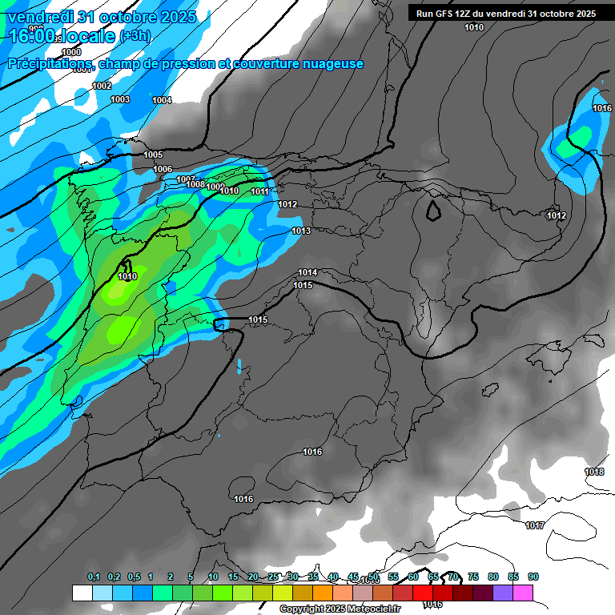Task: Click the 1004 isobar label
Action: click(162, 100)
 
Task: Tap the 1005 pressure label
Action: click(153, 155)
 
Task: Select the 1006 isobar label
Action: click(163, 169)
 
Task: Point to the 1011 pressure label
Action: click(259, 191)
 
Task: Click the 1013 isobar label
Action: click(301, 231)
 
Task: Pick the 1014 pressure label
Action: click(307, 272)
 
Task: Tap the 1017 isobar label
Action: click(535, 525)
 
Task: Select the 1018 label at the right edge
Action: click(594, 472)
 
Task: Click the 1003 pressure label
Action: click(120, 99)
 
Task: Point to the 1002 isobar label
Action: click(102, 86)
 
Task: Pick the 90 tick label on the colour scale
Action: click(533, 577)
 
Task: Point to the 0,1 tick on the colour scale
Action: click(93, 577)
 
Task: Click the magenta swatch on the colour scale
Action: click(523, 593)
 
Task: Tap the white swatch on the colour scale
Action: click(82, 593)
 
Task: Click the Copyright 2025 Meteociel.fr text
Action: click(340, 609)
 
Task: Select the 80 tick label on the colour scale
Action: click(493, 577)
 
